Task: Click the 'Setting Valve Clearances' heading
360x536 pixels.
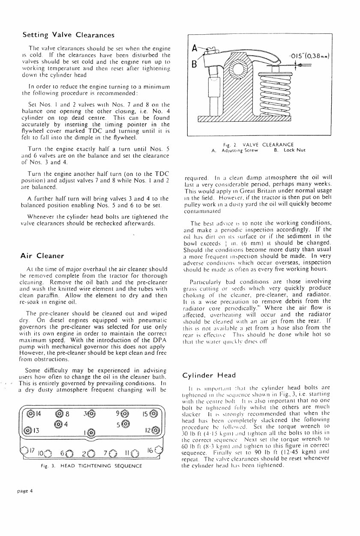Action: pos(68,35)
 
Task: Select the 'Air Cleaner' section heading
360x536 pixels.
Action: pos(42,256)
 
